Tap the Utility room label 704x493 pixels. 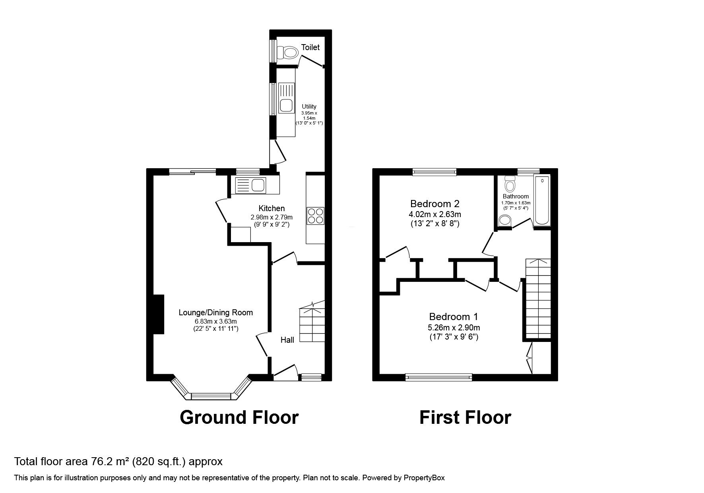pyautogui.click(x=309, y=107)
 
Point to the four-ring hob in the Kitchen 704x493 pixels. pyautogui.click(x=316, y=216)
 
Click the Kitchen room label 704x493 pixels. pyautogui.click(x=272, y=208)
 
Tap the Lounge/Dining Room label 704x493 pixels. pyautogui.click(x=216, y=312)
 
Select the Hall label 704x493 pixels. pyautogui.click(x=287, y=340)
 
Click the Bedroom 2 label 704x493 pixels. pyautogui.click(x=435, y=204)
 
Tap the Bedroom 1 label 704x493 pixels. pyautogui.click(x=454, y=317)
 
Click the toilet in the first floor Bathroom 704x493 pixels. pyautogui.click(x=509, y=184)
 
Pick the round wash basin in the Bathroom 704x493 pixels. pyautogui.click(x=505, y=220)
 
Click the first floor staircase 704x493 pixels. pyautogui.click(x=538, y=299)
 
